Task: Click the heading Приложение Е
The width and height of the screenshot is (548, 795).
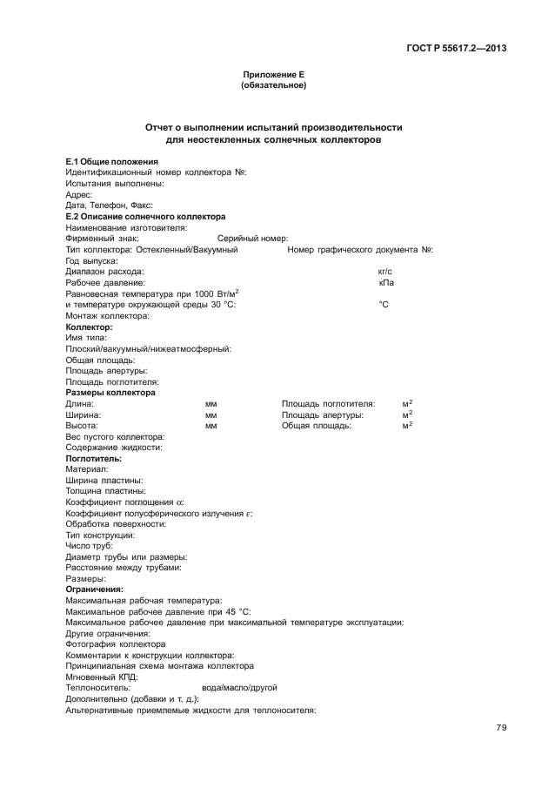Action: click(273, 76)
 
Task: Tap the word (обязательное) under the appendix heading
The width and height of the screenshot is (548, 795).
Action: click(273, 86)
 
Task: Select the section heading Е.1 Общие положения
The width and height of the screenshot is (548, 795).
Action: click(112, 162)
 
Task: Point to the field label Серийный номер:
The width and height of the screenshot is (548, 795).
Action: click(252, 239)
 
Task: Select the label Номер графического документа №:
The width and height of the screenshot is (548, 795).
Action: click(360, 250)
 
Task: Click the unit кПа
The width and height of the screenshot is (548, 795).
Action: click(386, 283)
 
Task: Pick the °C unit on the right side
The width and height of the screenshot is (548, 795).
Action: click(384, 305)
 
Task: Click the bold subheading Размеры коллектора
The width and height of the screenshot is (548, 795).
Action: click(111, 393)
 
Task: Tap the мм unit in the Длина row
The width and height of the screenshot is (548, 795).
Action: click(211, 404)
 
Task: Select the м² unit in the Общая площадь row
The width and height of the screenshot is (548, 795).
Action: click(407, 426)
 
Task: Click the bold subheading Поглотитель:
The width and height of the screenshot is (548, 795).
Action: click(94, 458)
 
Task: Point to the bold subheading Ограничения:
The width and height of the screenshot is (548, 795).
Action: click(95, 590)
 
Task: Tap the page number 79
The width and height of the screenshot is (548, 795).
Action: click(501, 728)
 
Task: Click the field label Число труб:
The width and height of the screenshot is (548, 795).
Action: click(90, 546)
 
